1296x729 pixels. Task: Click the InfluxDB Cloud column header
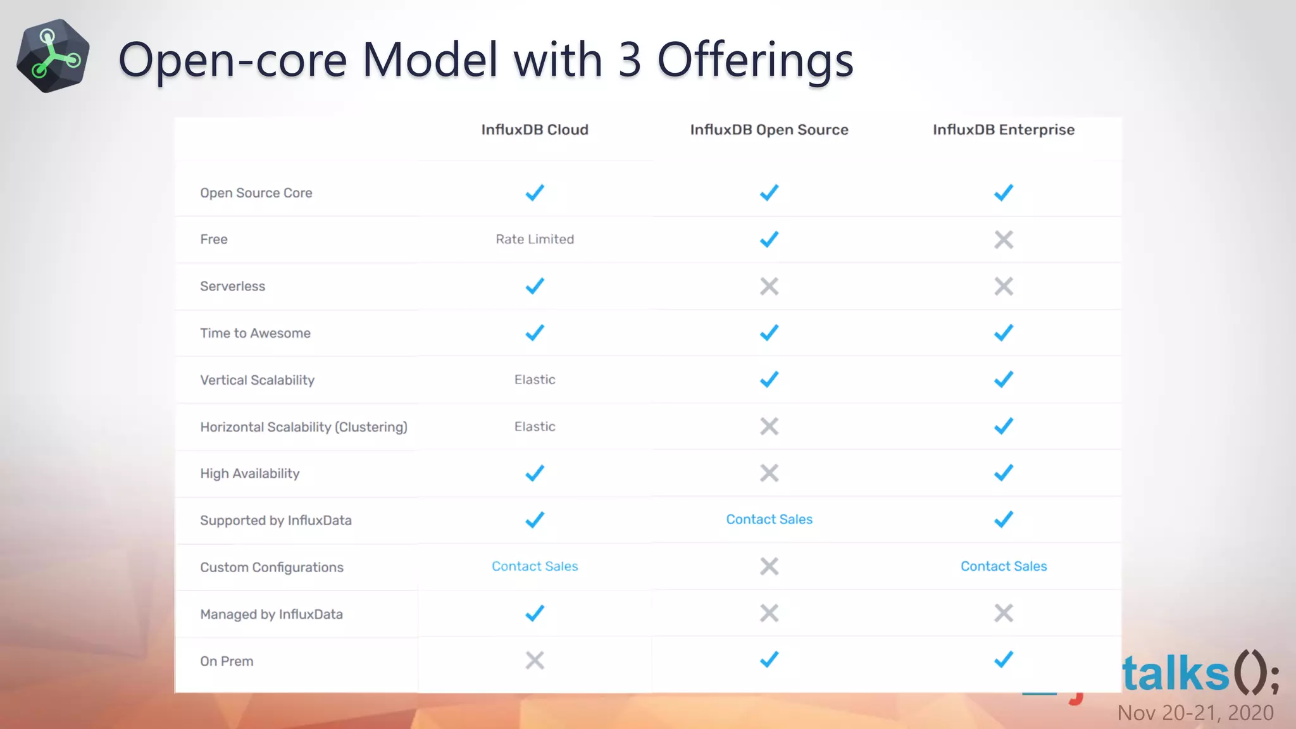tap(535, 130)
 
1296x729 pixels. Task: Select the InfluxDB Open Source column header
tap(769, 130)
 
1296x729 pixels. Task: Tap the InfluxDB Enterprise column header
tap(1004, 130)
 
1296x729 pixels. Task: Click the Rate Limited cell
tap(535, 239)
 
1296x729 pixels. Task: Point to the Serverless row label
tap(232, 286)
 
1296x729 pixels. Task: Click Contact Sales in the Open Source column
tap(769, 520)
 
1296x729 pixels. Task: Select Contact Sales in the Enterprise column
tap(1004, 566)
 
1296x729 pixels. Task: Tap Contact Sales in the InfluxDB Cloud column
tap(535, 566)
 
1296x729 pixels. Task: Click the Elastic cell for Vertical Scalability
tap(535, 380)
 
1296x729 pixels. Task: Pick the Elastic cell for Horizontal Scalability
tap(535, 427)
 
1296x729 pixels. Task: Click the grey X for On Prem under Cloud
tap(535, 660)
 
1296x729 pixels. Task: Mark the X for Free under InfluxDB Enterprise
tap(1004, 240)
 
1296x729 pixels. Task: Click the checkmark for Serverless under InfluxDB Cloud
tap(535, 286)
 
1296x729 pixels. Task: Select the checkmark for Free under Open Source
tap(769, 240)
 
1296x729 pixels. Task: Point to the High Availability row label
tap(249, 473)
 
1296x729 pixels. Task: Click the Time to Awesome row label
tap(255, 333)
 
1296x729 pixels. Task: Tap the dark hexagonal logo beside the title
tap(53, 56)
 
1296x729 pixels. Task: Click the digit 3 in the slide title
tap(630, 60)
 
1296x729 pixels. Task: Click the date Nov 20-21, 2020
tap(1195, 713)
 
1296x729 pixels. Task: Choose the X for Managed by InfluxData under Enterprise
tap(1004, 613)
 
